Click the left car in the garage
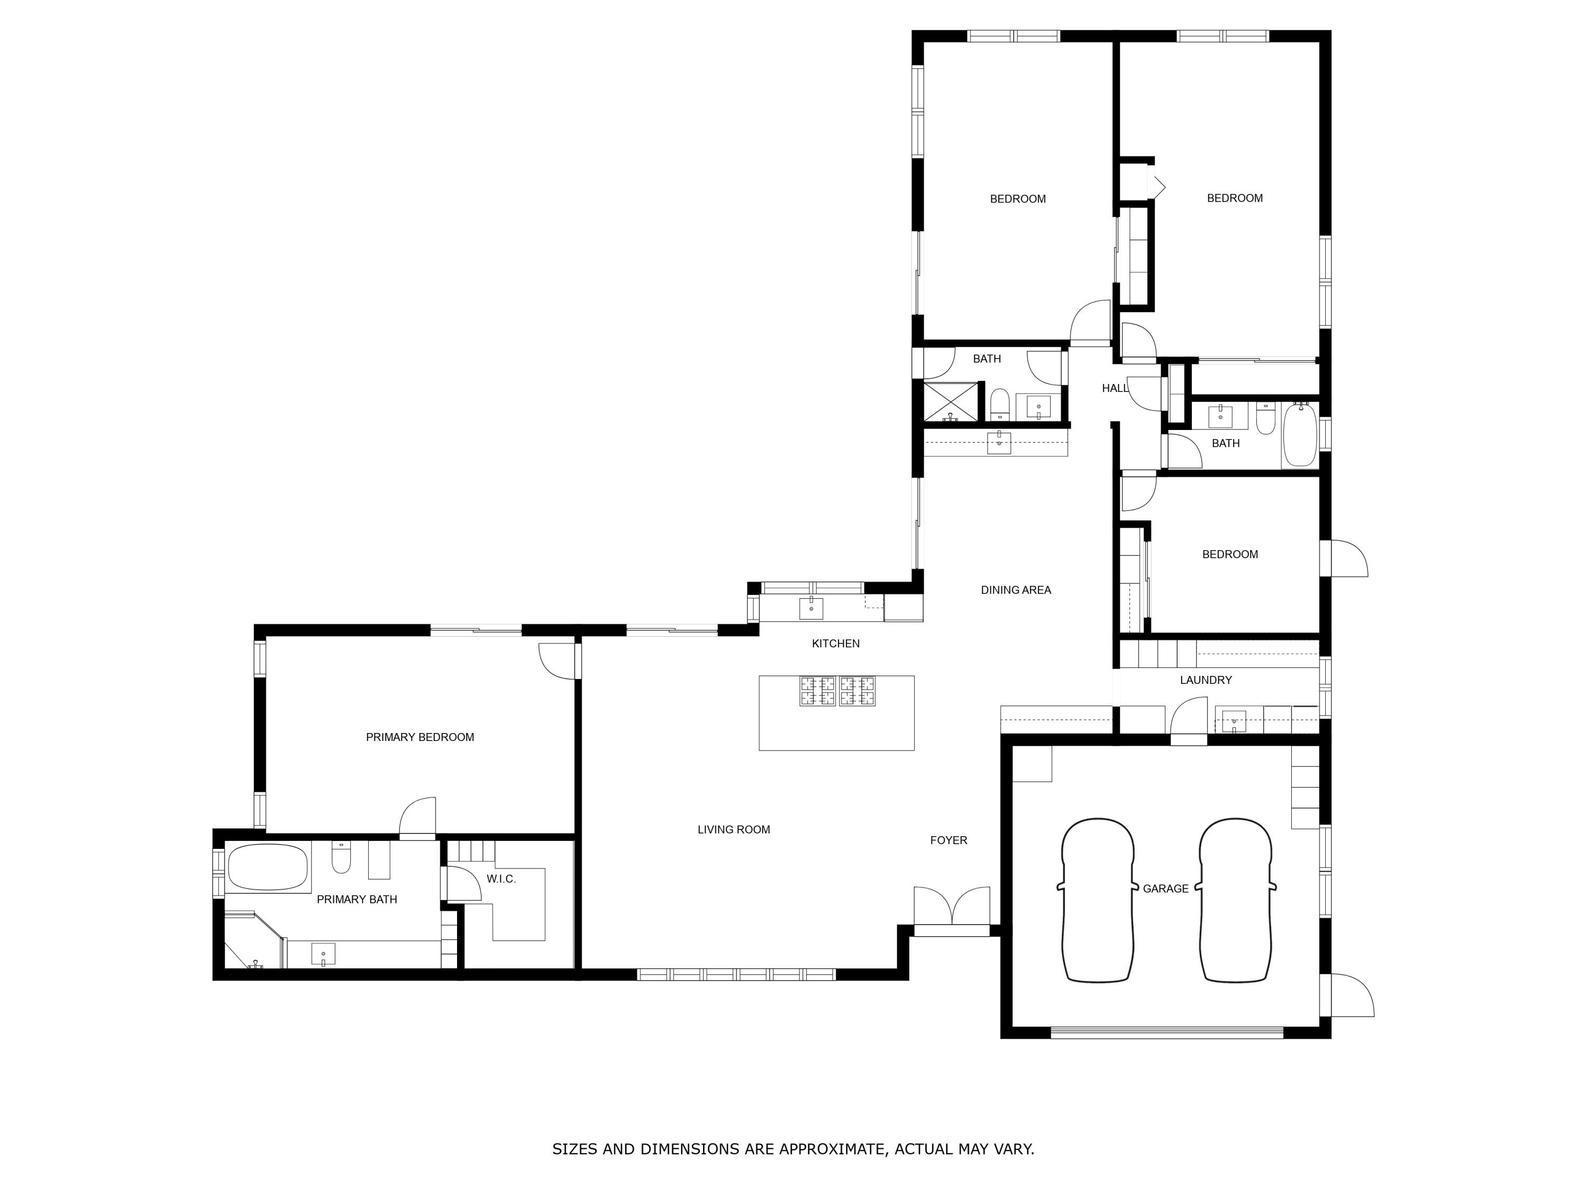1098,900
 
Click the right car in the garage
1235,900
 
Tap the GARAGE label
1165,889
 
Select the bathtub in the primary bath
268,867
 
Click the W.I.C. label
501,878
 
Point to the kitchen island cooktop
837,691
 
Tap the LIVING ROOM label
733,829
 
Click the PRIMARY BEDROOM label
419,737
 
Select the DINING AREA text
1015,590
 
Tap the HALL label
1114,388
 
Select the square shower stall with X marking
950,401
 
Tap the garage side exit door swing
1351,995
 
